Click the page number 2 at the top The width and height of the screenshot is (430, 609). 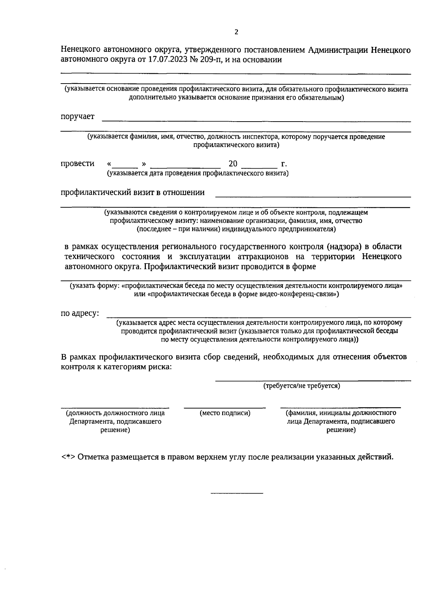coord(236,32)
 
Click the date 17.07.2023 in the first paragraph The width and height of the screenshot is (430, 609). coord(167,60)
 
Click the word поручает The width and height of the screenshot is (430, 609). coord(77,116)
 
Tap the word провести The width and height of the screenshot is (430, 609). coord(77,164)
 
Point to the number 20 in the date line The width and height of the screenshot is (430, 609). coord(233,164)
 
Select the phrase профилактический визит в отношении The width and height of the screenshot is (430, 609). coord(133,192)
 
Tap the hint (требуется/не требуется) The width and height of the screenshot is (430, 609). coord(302,386)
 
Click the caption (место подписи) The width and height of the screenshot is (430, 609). coord(225,413)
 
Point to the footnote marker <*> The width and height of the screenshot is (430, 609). coord(67,457)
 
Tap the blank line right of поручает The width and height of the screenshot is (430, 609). coord(256,121)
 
